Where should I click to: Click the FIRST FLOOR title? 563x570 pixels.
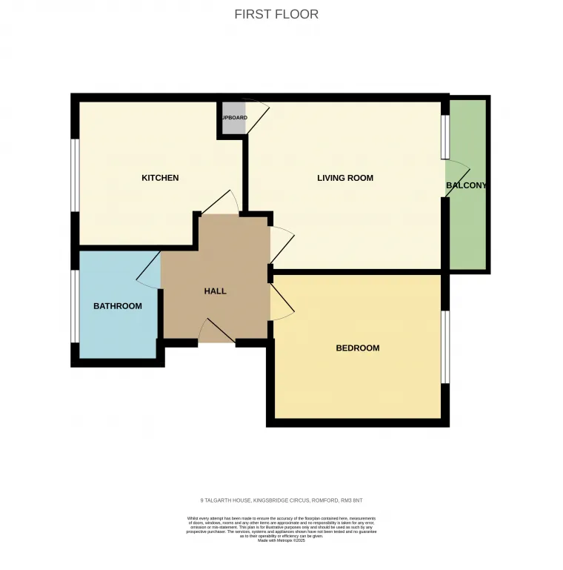tap(276, 14)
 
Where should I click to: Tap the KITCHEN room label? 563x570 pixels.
tap(160, 178)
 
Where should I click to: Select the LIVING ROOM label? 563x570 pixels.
tap(344, 178)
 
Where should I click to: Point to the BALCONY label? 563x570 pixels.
tap(466, 185)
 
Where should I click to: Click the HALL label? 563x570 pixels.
tap(215, 291)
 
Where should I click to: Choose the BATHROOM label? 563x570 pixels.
tap(117, 306)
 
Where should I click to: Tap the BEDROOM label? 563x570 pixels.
tap(357, 348)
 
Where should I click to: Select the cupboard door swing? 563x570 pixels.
tap(257, 115)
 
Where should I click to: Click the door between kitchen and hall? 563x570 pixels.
tap(219, 204)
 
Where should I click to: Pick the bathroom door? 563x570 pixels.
tap(150, 271)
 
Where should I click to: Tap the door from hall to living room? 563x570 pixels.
tap(281, 245)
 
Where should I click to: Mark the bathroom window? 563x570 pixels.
tap(75, 305)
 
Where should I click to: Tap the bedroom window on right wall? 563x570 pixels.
tap(445, 347)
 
